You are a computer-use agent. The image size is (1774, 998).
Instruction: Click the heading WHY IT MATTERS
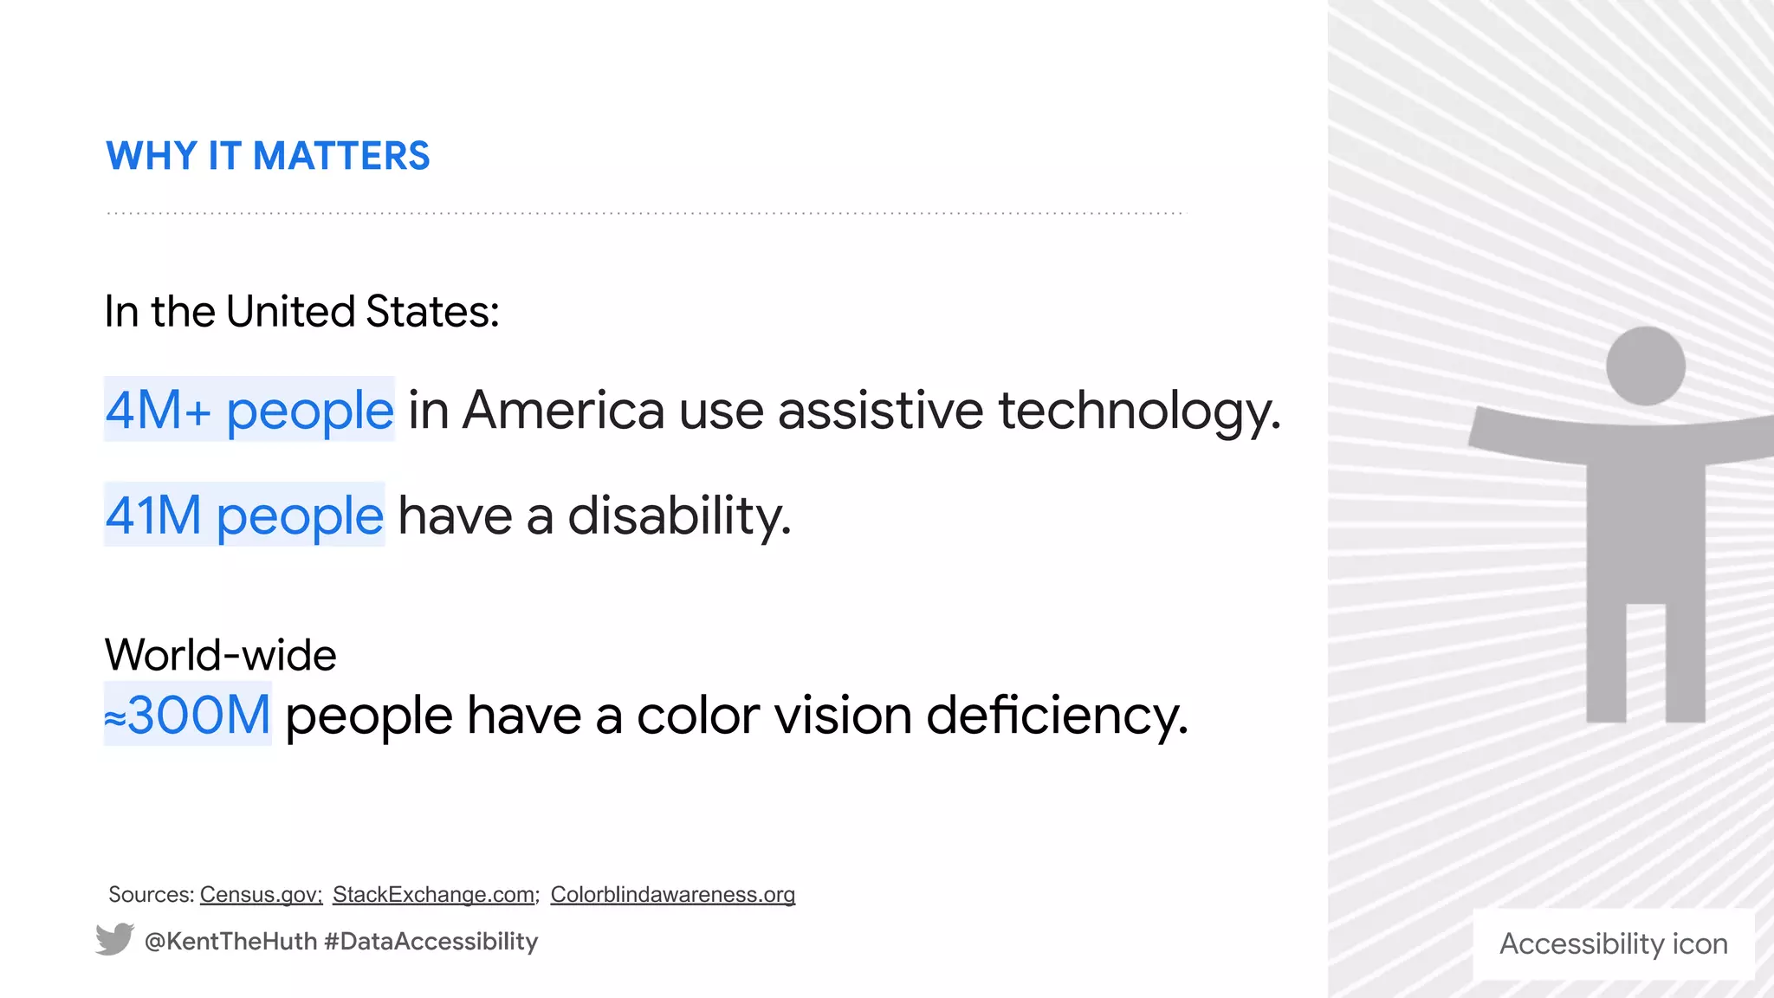tap(268, 157)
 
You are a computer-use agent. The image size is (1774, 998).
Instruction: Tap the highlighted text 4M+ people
tap(249, 410)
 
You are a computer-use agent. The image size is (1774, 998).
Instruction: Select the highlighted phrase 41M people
tap(244, 515)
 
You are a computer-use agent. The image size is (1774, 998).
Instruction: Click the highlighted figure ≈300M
tap(188, 715)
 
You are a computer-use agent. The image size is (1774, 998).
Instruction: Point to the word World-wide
tap(220, 655)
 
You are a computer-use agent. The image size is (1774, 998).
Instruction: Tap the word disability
tap(679, 515)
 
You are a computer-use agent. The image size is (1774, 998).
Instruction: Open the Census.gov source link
tap(261, 894)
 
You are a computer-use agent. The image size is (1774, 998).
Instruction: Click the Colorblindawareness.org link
tap(672, 894)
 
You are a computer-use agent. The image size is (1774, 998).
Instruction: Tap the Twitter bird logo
tap(114, 940)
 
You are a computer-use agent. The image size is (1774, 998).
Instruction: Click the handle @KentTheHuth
tap(230, 942)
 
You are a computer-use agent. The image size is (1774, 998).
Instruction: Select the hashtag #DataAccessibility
tap(431, 942)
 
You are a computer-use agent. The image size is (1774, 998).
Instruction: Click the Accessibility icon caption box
tap(1613, 943)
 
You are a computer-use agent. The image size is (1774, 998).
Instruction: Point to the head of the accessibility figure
tap(1645, 366)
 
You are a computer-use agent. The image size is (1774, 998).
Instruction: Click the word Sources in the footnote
tap(151, 894)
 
